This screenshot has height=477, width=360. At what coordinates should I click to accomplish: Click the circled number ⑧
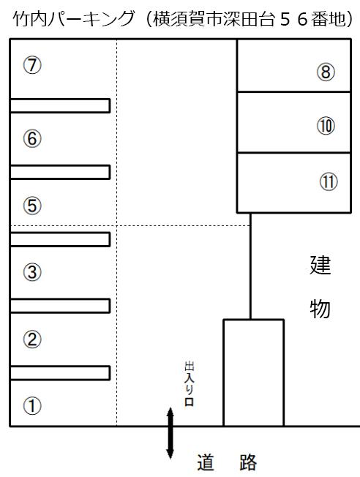(x=326, y=72)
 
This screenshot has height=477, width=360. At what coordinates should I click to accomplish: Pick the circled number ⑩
(x=326, y=126)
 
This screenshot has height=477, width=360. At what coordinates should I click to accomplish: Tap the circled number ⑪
(x=329, y=181)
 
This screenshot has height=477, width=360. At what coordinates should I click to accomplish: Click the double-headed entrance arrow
(x=170, y=434)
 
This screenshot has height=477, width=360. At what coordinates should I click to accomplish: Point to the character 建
(x=320, y=266)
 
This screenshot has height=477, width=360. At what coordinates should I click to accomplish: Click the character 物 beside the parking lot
(x=320, y=309)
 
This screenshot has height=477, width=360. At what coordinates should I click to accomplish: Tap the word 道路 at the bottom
(x=227, y=462)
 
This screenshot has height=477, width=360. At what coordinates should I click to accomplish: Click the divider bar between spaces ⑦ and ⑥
(x=60, y=105)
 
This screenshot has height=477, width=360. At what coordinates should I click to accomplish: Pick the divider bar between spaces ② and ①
(x=60, y=373)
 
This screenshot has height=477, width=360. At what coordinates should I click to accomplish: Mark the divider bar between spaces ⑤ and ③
(x=60, y=239)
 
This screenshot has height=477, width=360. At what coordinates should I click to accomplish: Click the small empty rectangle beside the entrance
(x=253, y=372)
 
